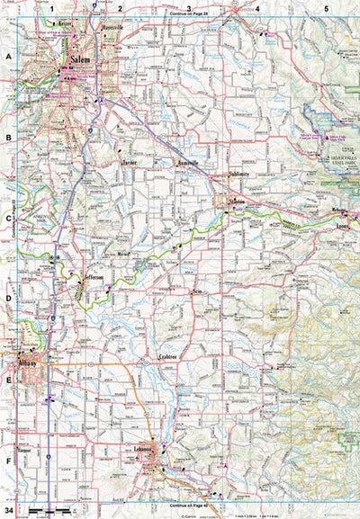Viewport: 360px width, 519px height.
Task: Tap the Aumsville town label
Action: (x=186, y=163)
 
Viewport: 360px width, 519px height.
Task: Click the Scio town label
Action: (x=197, y=293)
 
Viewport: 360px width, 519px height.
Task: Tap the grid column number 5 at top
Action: (x=326, y=8)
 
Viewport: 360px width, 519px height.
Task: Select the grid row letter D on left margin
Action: (x=9, y=300)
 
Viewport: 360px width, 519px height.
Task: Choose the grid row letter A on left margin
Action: (x=9, y=56)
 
